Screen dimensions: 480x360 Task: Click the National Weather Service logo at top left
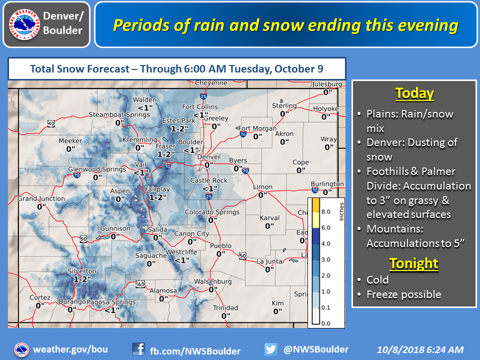coord(24,24)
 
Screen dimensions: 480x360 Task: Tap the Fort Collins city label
coord(200,107)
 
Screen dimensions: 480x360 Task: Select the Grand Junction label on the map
coord(41,198)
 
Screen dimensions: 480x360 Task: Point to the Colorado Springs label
coord(212,212)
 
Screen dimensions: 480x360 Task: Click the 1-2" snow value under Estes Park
coord(179,129)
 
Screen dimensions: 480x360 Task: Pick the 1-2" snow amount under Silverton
coord(82,279)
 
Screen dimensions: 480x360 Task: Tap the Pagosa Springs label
coord(111,302)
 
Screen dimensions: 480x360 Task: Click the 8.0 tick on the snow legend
coord(325,211)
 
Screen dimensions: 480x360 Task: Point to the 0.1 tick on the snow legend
coord(325,307)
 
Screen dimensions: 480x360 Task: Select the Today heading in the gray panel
coord(414,93)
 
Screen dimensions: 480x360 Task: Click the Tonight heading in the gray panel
coord(414,263)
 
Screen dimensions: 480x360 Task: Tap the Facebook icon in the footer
coord(138,349)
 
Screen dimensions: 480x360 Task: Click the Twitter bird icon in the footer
coord(271,349)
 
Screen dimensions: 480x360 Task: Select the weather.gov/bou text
coord(70,349)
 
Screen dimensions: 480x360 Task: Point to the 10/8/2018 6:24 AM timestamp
coord(420,349)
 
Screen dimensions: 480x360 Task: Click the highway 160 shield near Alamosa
coord(140,284)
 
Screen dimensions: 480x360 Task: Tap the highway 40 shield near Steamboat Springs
coord(51,123)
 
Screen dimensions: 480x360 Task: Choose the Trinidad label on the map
coord(225,307)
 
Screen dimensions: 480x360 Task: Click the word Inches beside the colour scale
coord(341,211)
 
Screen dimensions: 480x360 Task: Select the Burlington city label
coord(327,184)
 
